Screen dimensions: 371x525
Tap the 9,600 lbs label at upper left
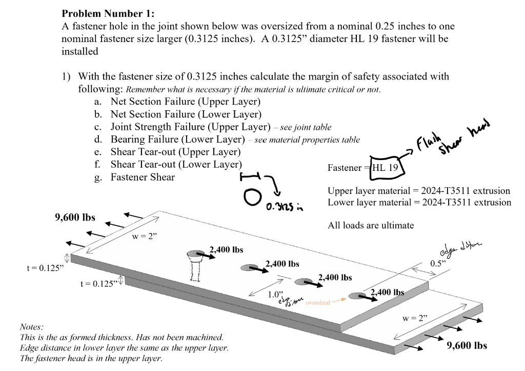(75, 217)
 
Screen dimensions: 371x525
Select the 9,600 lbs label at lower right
(467, 345)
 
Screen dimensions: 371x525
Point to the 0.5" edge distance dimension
(438, 263)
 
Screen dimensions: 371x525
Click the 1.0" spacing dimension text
(275, 295)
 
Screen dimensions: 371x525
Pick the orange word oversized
(318, 303)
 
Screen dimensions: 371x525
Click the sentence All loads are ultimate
(370, 225)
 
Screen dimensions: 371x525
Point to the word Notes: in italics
(31, 327)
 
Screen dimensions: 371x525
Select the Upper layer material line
(418, 190)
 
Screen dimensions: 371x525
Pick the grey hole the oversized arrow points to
(357, 296)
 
